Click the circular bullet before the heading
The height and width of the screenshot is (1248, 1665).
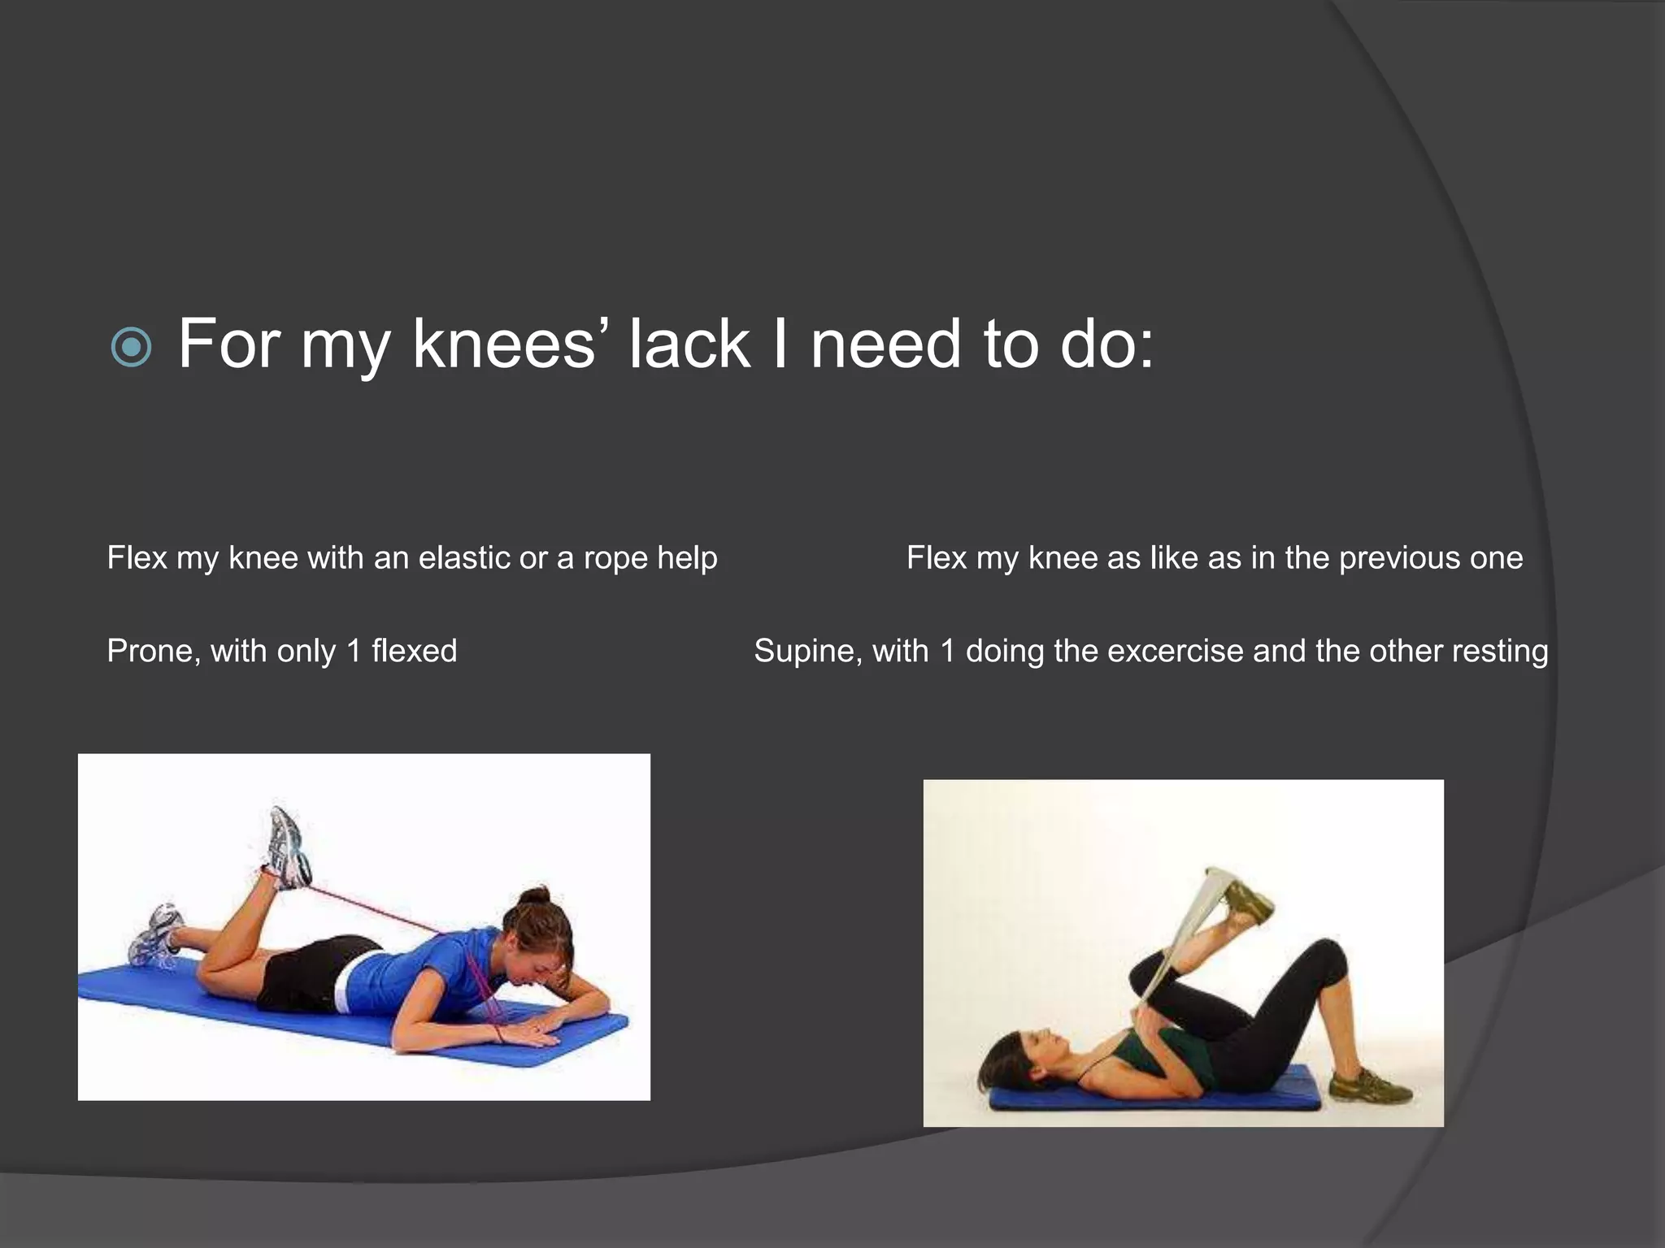pos(130,348)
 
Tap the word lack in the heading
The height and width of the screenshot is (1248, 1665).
pos(689,344)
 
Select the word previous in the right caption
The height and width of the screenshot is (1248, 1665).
pos(1399,558)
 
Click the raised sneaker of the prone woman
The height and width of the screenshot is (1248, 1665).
pos(289,847)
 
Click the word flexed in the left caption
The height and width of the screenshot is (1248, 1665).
pos(414,652)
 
